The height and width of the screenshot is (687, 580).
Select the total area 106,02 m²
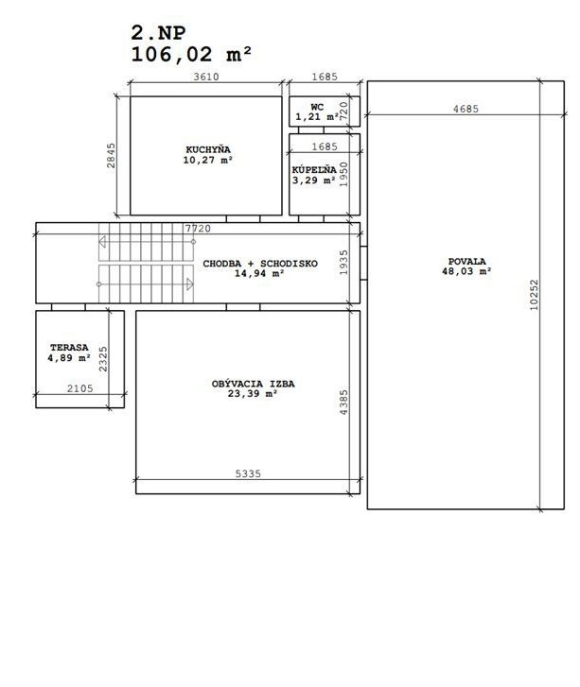[x=191, y=54]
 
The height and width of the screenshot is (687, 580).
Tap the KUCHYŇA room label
[x=208, y=149]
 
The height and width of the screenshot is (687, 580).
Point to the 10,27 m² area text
[x=208, y=161]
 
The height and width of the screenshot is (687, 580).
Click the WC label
[x=316, y=107]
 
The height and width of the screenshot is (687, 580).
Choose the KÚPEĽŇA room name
[x=314, y=169]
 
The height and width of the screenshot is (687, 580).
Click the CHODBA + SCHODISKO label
[x=260, y=263]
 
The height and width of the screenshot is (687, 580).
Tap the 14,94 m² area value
[x=260, y=274]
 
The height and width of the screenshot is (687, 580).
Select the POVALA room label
[x=467, y=261]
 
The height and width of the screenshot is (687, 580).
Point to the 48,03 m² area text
[x=467, y=272]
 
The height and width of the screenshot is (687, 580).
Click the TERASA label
[x=69, y=348]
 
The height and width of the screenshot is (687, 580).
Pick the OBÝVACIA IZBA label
[x=253, y=384]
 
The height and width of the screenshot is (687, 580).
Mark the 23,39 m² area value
[x=253, y=395]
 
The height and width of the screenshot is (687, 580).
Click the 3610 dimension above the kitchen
[x=206, y=77]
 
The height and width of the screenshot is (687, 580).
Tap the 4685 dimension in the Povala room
[x=466, y=109]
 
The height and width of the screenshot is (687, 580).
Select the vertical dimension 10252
[x=535, y=295]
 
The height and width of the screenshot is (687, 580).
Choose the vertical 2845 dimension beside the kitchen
[x=112, y=155]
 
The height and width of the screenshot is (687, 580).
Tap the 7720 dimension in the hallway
[x=197, y=229]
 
